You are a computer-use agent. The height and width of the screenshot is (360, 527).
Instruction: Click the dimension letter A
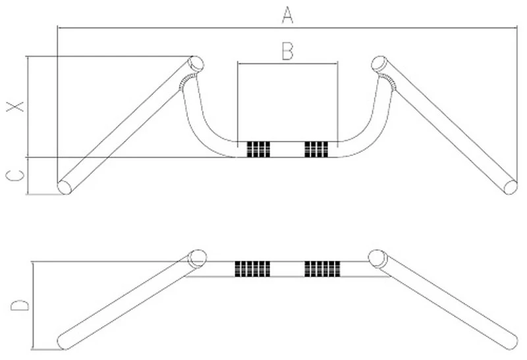287,14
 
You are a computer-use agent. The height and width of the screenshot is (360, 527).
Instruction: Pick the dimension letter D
20,306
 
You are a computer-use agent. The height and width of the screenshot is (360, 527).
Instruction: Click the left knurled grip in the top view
258,149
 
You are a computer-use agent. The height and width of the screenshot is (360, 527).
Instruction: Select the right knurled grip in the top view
316,149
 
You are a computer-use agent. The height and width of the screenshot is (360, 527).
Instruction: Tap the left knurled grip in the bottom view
252,269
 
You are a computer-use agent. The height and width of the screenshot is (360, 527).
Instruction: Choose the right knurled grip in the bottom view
322,269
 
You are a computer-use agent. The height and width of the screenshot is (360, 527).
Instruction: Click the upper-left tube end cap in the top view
196,63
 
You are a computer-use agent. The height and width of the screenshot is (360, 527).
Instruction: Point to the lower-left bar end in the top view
65,186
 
